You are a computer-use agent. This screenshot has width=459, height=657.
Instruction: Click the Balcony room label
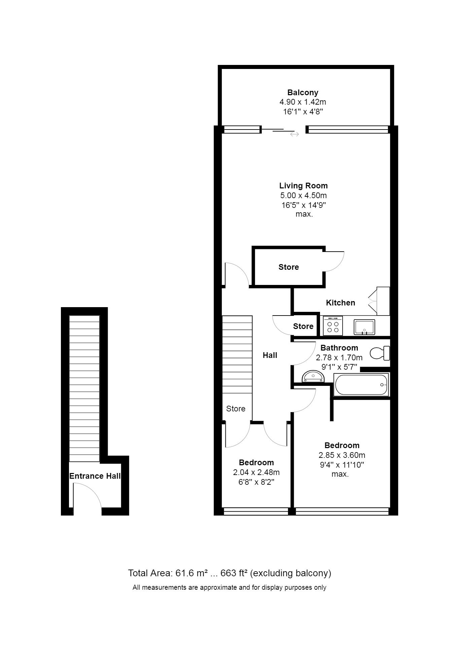pos(303,93)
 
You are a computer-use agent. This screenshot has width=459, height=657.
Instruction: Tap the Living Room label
pos(303,186)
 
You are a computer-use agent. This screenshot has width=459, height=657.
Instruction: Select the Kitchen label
pos(341,303)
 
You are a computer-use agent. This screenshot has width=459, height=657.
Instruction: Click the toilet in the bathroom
pos(380,353)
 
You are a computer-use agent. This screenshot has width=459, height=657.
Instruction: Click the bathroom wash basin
pos(313,376)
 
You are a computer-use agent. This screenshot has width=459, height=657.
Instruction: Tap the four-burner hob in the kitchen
pos(333,326)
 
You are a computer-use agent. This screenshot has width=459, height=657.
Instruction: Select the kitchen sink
pos(364,327)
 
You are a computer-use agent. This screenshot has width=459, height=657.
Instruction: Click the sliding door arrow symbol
pos(294,134)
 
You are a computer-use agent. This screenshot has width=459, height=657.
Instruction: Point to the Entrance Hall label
pos(95,476)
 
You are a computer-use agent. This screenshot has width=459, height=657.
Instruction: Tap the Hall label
pos(270,355)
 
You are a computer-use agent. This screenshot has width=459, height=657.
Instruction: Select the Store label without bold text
pos(236,409)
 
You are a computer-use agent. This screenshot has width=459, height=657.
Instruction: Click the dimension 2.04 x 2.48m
pos(256,472)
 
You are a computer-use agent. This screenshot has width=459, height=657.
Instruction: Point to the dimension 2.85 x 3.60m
pos(342,455)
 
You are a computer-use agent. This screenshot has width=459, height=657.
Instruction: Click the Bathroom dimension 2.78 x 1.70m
pos(339,358)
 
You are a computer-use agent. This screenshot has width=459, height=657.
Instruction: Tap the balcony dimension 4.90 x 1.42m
pos(303,102)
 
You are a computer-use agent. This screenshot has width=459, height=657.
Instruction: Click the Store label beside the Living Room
pos(289,267)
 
